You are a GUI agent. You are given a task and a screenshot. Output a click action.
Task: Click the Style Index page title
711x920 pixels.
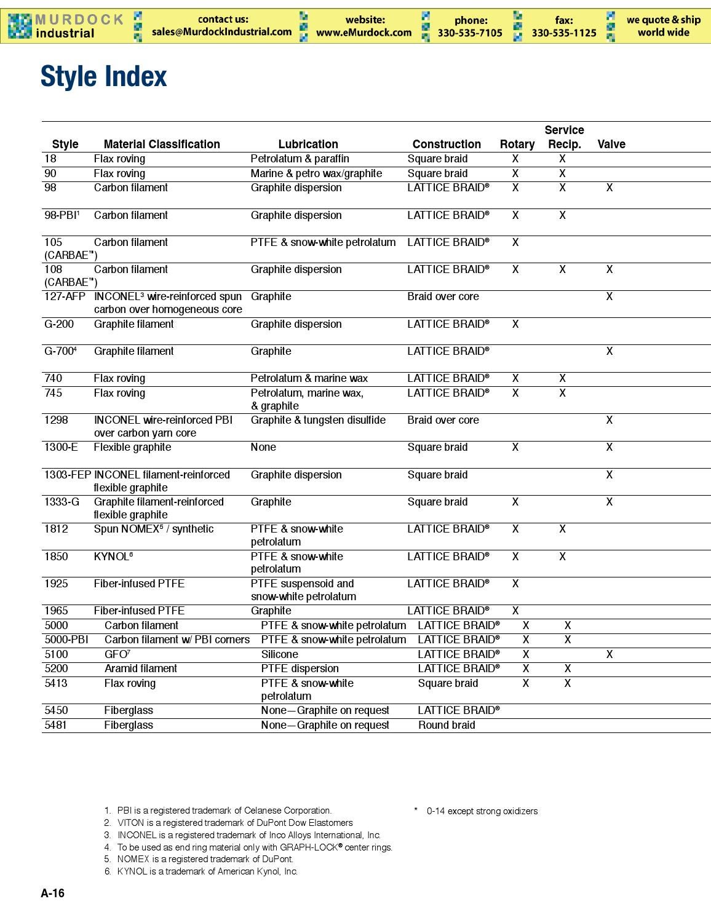(x=103, y=77)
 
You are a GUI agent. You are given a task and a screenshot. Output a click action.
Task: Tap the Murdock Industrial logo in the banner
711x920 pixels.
(x=66, y=26)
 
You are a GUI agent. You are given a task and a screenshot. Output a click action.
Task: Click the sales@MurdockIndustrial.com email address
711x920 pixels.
(x=221, y=32)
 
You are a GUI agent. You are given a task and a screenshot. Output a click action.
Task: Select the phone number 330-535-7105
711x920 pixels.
(x=470, y=33)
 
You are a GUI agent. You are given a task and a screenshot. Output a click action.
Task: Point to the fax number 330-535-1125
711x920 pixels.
(x=563, y=33)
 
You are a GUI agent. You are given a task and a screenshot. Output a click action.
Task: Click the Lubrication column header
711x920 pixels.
(x=308, y=145)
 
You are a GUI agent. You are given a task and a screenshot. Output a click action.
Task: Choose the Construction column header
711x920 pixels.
(x=447, y=145)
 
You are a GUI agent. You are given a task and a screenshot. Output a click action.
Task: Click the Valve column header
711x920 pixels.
(x=611, y=145)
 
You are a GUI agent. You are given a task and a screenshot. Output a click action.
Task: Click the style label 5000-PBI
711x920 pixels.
(x=66, y=640)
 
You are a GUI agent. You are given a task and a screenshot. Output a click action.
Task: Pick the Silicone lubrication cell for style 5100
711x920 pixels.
(x=279, y=654)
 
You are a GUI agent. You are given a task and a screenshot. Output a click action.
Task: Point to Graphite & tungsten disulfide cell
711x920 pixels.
(x=318, y=420)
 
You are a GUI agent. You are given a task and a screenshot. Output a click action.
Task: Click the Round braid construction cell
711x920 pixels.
(x=447, y=725)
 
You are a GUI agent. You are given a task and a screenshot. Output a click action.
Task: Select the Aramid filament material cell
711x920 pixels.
(x=140, y=668)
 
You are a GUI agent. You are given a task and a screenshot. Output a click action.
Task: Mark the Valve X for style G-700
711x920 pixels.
(x=609, y=351)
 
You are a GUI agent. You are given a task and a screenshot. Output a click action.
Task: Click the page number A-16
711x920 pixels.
(x=52, y=894)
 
